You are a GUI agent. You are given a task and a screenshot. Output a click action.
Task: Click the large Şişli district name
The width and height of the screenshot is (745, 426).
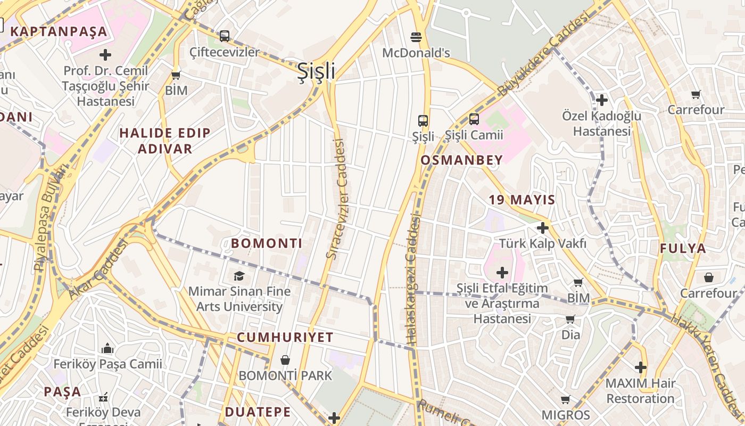click(x=316, y=71)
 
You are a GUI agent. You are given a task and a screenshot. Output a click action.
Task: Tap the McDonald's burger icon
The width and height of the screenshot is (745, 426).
click(x=416, y=37)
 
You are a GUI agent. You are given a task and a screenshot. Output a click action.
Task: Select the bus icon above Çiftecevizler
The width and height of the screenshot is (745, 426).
click(x=225, y=36)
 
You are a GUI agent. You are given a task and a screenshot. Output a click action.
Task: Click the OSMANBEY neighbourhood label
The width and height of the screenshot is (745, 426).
click(x=461, y=160)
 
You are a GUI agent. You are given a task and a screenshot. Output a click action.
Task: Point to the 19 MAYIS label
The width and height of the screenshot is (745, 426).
click(x=521, y=200)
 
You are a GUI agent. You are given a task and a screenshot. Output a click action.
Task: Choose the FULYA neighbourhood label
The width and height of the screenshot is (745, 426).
click(x=683, y=249)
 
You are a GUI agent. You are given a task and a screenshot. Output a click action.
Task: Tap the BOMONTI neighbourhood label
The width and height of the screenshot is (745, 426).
click(x=267, y=244)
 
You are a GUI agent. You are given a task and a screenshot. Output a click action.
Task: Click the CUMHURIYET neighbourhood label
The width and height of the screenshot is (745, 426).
click(x=285, y=338)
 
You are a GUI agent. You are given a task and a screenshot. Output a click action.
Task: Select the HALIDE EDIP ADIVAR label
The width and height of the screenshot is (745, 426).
click(x=165, y=141)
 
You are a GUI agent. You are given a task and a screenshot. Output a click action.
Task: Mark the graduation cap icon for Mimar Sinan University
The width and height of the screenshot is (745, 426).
click(x=239, y=276)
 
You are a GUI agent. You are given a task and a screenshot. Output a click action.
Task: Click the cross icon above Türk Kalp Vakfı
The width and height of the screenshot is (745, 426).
click(x=542, y=228)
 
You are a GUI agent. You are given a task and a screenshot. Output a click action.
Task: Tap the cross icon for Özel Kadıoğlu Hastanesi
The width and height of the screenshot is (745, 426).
click(x=602, y=100)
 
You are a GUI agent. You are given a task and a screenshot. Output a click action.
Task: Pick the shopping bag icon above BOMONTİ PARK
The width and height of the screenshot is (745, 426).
click(x=285, y=360)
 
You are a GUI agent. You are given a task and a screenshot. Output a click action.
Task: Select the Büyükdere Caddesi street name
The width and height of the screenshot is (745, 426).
click(x=545, y=55)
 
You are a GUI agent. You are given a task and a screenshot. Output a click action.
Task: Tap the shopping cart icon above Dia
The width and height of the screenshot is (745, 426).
click(x=570, y=319)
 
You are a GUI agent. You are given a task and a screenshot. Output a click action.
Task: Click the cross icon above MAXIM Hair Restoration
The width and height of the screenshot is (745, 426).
click(x=641, y=367)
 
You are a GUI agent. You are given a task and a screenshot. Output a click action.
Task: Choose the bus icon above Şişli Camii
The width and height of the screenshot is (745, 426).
click(x=474, y=119)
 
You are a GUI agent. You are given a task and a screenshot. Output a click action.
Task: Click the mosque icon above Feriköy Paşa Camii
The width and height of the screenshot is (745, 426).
click(x=107, y=349)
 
